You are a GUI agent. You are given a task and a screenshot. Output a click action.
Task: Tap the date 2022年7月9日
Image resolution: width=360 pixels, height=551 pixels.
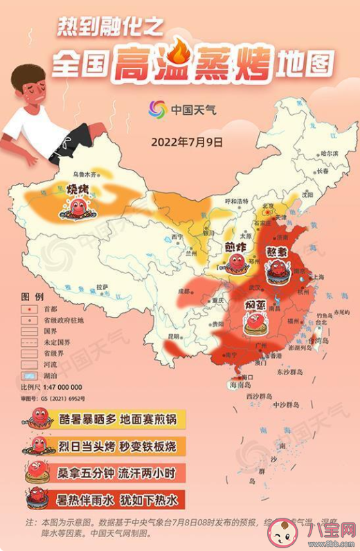tap(187, 142)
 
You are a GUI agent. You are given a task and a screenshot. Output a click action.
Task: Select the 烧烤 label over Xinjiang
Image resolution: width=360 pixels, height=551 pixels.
tap(78, 189)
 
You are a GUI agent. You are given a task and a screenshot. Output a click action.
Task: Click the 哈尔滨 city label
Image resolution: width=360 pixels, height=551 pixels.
tap(330, 154)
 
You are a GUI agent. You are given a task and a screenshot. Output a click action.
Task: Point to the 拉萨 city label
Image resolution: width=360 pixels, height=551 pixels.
tap(102, 286)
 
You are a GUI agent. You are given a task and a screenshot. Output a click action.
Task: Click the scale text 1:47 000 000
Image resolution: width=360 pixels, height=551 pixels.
tap(61, 387)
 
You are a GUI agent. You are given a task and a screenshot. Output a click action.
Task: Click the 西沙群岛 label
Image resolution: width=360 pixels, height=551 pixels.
tap(260, 397)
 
